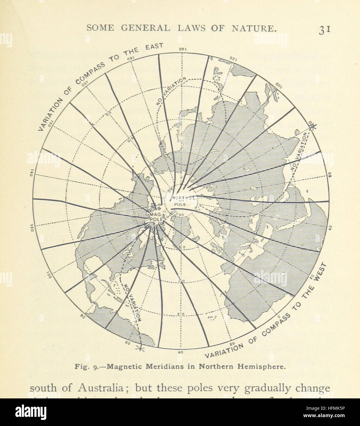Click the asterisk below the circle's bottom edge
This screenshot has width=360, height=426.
click(x=141, y=348)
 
